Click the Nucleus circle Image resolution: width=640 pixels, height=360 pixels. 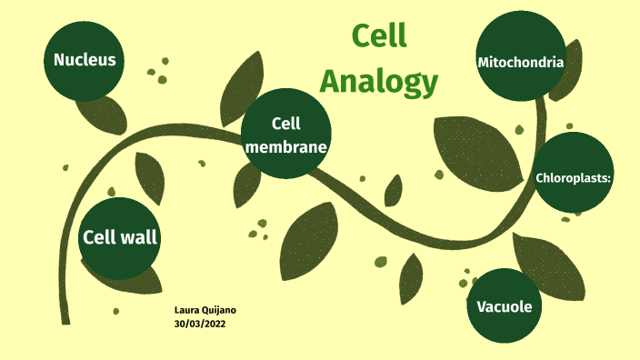coord(85,60)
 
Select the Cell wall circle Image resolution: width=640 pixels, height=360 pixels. coord(120,238)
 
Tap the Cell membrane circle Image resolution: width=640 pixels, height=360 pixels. coord(285,134)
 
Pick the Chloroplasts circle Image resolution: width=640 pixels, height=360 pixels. coord(573,177)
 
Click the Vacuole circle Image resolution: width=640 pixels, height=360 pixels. coord(504,306)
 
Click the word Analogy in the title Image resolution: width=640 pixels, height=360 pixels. coord(378,81)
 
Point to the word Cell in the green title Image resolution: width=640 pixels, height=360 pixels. coord(378,35)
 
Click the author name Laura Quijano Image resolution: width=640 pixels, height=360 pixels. coord(205,310)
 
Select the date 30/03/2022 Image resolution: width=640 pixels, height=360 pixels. coord(200,323)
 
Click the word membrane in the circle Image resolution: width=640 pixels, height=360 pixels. coord(285,145)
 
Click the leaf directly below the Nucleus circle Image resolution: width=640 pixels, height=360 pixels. coord(102,113)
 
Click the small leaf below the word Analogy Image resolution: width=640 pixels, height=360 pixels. coord(394,190)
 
